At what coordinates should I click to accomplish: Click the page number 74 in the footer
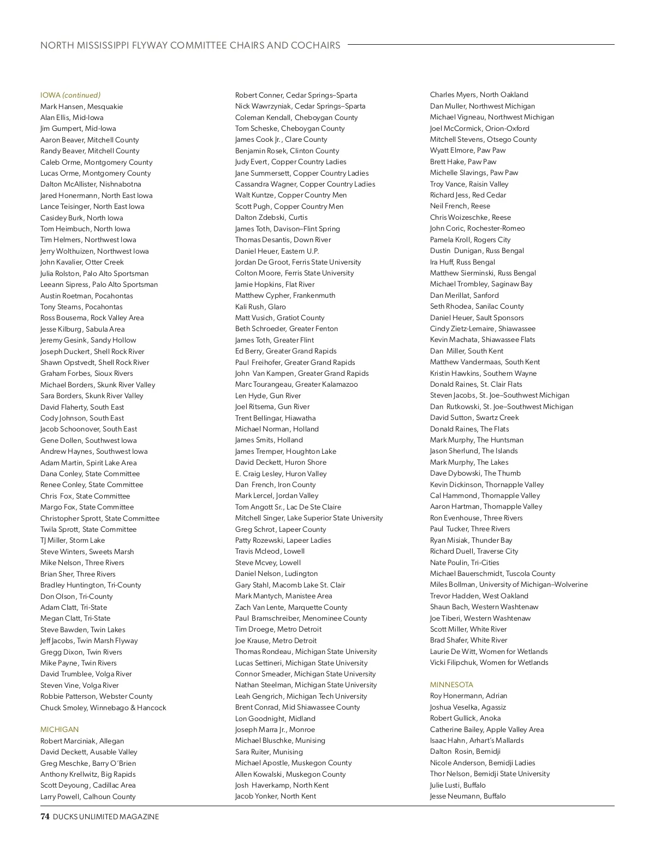click(45, 817)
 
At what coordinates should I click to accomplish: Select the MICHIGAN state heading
click(59, 729)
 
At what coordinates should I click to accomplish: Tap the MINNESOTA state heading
click(451, 685)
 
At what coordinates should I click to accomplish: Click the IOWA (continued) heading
click(70, 95)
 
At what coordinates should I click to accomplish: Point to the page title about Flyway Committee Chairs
click(190, 45)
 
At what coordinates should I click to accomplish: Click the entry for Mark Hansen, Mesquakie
click(81, 106)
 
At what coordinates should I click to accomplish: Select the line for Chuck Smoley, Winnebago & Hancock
click(103, 707)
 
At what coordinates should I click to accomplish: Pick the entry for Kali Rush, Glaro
click(260, 307)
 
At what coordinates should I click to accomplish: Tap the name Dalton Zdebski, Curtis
click(271, 217)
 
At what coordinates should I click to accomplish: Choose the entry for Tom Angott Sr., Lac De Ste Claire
click(288, 507)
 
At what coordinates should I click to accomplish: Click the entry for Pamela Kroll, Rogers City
click(470, 239)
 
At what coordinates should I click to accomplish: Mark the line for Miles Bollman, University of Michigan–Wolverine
click(509, 584)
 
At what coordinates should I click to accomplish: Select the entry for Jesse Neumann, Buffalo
click(468, 796)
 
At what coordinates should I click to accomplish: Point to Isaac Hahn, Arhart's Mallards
click(477, 740)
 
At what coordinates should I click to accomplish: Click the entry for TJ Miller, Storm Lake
click(73, 540)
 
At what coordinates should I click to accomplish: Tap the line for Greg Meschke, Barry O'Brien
click(88, 763)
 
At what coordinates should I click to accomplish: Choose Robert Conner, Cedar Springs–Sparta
click(296, 95)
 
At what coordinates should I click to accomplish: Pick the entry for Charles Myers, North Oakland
click(479, 94)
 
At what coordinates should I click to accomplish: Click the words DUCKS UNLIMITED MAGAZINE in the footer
click(106, 817)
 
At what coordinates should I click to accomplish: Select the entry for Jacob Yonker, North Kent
click(275, 796)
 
